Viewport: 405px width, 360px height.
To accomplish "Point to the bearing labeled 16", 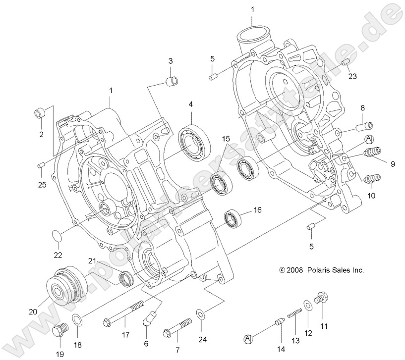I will [x=232, y=218].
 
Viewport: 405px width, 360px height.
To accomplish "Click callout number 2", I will [x=41, y=134].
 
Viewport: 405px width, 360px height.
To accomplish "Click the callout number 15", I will [x=226, y=139].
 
